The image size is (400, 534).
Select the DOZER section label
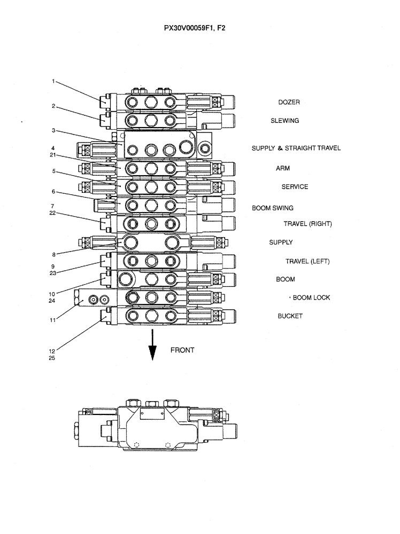click(289, 103)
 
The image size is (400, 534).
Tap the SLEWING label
click(284, 121)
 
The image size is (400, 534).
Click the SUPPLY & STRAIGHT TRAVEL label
click(296, 148)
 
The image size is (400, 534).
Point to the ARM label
click(283, 168)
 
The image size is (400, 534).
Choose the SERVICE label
click(295, 187)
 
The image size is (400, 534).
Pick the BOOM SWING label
click(273, 208)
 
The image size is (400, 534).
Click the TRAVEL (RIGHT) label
click(307, 224)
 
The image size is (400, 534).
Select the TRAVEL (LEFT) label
click(307, 261)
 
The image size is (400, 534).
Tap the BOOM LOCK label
click(311, 297)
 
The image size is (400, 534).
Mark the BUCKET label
click(290, 316)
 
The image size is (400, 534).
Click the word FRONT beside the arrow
click(182, 350)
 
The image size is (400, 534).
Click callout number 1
click(53, 82)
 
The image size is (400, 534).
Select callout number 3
click(53, 130)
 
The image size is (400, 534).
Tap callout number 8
click(53, 255)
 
